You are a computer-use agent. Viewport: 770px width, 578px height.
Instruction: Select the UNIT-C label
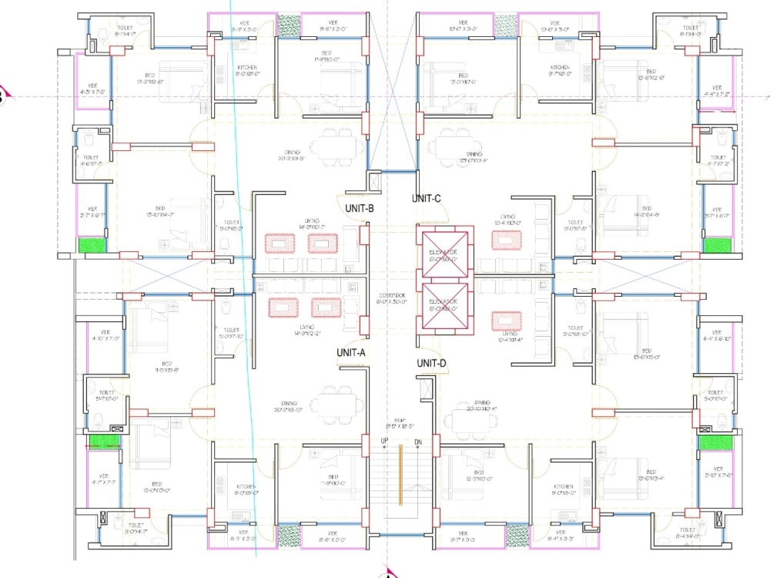(426, 198)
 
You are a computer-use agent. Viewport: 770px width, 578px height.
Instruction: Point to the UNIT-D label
(431, 363)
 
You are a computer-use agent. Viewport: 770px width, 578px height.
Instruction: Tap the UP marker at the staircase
(384, 441)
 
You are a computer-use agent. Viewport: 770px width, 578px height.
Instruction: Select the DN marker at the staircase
(418, 441)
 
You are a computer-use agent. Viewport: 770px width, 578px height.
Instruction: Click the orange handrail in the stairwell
(400, 473)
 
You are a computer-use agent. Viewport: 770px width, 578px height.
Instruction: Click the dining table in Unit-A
(335, 403)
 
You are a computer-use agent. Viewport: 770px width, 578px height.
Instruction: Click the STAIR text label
(400, 420)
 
